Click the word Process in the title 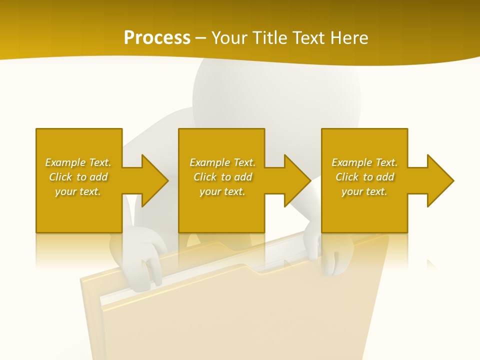pos(157,38)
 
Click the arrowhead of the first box pos(154,180)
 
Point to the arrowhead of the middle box pos(297,180)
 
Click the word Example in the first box pos(65,162)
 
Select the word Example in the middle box pos(209,162)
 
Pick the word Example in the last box pos(351,162)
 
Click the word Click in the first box pos(61,177)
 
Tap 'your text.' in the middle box pos(222,191)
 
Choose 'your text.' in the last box pos(364,191)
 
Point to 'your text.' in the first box pos(78,191)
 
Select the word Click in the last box pos(347,177)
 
